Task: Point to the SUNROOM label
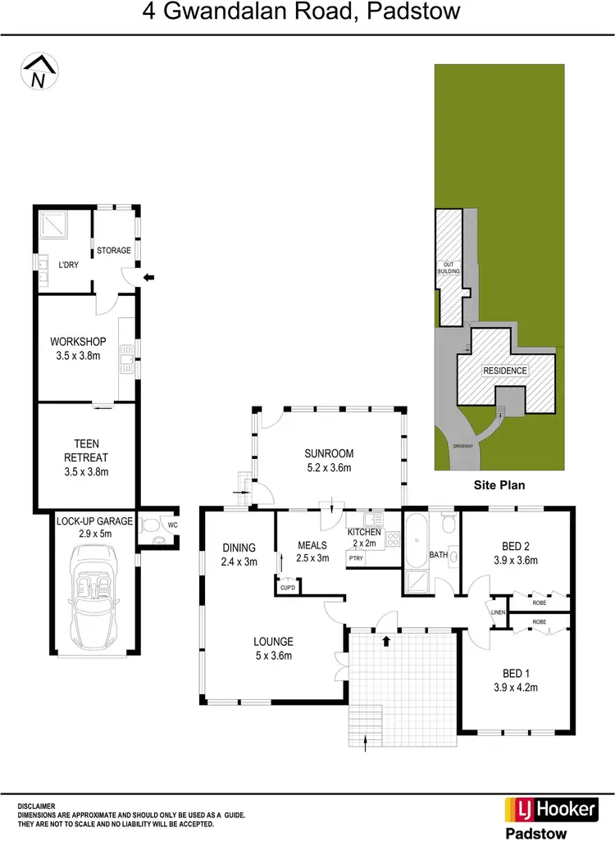pos(329,453)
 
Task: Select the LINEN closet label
pos(498,611)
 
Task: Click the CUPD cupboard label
pos(288,587)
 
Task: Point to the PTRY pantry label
pos(356,558)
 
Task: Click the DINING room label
pos(239,548)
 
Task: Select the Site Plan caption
pos(499,485)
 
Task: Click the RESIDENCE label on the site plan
pos(505,370)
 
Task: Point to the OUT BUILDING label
pos(449,267)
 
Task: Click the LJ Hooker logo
pos(549,809)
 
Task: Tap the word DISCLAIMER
pos(38,807)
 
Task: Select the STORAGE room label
pos(114,250)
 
